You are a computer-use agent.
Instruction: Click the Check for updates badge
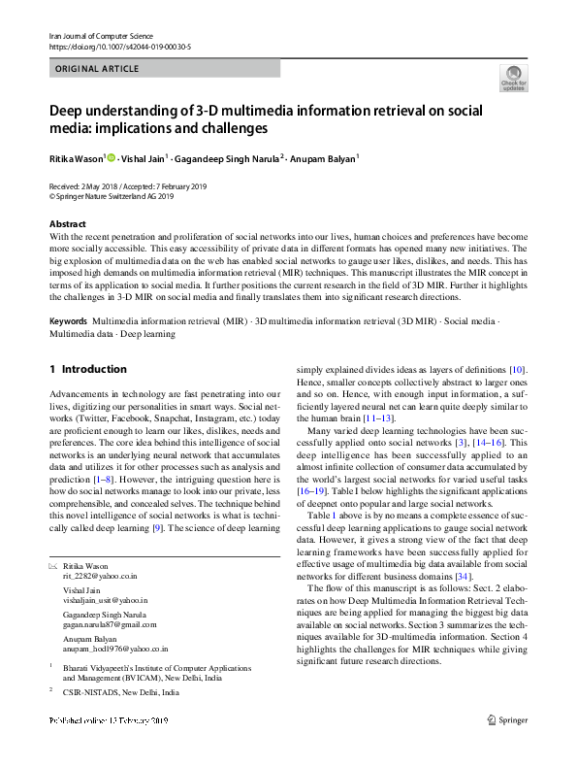[x=512, y=78]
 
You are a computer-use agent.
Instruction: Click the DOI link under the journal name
[x=119, y=46]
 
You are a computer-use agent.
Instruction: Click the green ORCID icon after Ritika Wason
[x=112, y=158]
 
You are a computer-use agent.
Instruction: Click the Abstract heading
[x=67, y=224]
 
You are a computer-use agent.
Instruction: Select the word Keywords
[x=68, y=319]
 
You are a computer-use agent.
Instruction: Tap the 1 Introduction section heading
[x=87, y=369]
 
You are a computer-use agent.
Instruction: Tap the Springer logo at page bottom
[x=507, y=749]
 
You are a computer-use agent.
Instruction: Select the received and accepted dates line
[x=127, y=186]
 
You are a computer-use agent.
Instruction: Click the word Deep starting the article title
[x=68, y=110]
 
